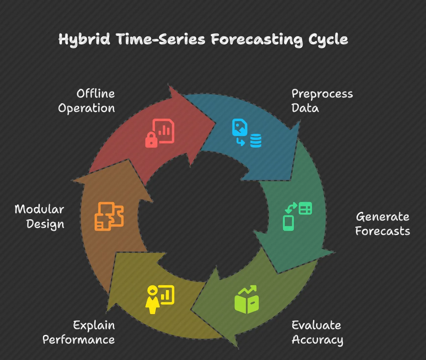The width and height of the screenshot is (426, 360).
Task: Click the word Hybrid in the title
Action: [84, 39]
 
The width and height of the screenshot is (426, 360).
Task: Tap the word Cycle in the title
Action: [328, 40]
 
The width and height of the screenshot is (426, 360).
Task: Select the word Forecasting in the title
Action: [257, 40]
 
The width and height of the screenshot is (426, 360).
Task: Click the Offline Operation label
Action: [87, 101]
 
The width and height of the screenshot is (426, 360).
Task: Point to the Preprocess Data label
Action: [322, 101]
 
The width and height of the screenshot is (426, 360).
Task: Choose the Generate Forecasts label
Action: [382, 224]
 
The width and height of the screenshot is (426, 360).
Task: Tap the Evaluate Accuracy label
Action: [317, 332]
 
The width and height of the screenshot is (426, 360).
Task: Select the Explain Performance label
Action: [79, 332]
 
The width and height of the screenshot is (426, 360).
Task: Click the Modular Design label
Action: [40, 217]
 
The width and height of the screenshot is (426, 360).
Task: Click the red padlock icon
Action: [151, 140]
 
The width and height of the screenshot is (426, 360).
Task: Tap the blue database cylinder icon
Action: [256, 141]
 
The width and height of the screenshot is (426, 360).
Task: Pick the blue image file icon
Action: [239, 127]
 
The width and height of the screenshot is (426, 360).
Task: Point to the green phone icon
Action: [288, 223]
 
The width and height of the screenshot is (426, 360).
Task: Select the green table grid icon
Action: [305, 208]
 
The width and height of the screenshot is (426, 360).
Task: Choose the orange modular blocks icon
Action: [109, 216]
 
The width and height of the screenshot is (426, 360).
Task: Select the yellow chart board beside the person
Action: [167, 295]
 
